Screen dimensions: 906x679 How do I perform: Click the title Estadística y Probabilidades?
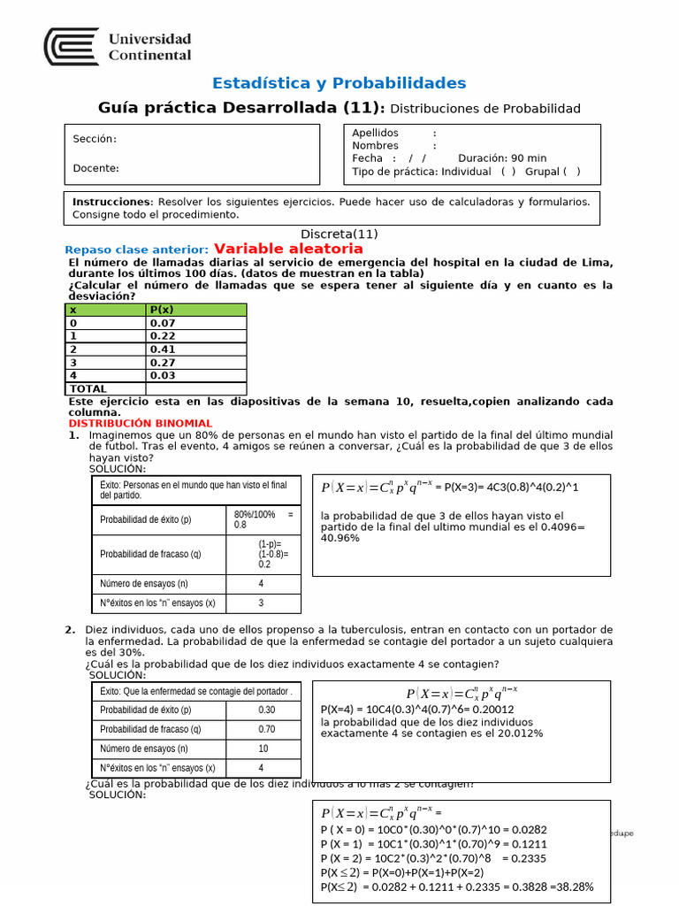pyautogui.click(x=339, y=83)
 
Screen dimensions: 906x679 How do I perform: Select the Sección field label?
pyautogui.click(x=95, y=139)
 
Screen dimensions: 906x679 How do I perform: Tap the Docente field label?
pyautogui.click(x=96, y=168)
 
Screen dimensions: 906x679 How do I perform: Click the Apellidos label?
pyautogui.click(x=375, y=133)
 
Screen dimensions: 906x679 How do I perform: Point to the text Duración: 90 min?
pyautogui.click(x=502, y=158)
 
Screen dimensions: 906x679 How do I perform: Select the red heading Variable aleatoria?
pyautogui.click(x=288, y=250)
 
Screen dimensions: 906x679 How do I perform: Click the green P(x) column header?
pyautogui.click(x=196, y=310)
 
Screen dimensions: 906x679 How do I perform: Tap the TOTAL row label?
pyautogui.click(x=88, y=388)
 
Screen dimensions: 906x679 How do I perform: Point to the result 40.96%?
pyautogui.click(x=339, y=538)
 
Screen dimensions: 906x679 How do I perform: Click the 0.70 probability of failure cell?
pyautogui.click(x=266, y=730)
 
